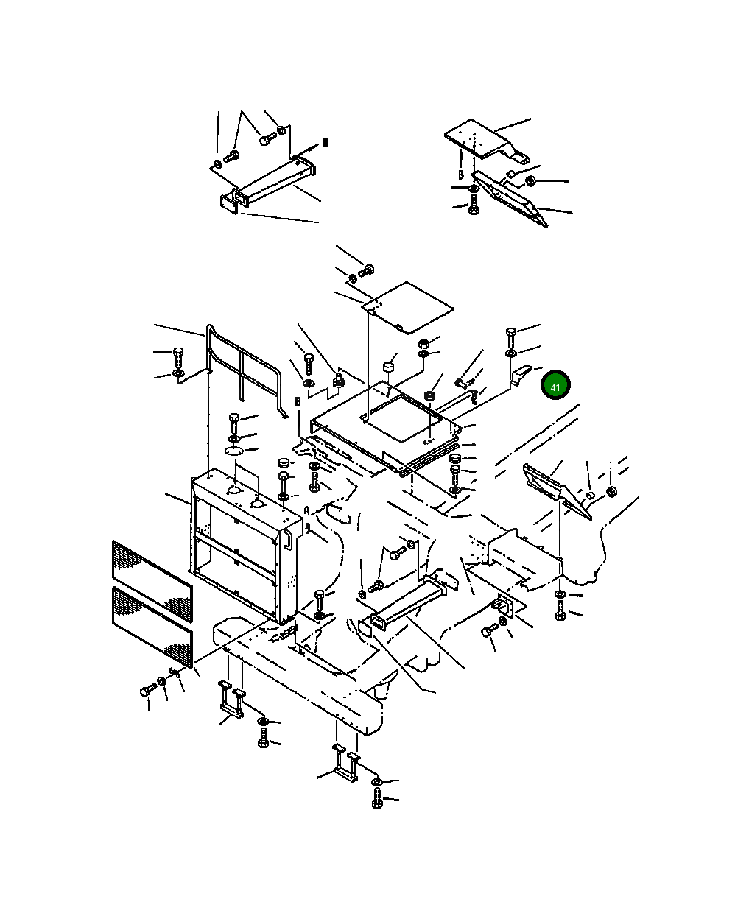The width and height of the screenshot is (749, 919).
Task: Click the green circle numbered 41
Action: click(x=555, y=384)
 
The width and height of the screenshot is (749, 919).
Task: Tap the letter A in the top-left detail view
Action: click(x=326, y=142)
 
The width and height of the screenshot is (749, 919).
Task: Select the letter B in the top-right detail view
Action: click(x=461, y=175)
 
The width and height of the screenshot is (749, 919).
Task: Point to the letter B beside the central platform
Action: click(x=298, y=401)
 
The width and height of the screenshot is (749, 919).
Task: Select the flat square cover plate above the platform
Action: click(x=408, y=307)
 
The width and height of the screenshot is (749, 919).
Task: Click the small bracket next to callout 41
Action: click(x=520, y=374)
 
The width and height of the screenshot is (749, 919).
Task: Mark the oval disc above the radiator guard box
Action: click(x=234, y=451)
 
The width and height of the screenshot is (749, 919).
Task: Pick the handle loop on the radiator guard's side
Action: click(x=287, y=540)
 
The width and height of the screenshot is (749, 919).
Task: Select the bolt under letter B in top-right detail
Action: click(x=474, y=204)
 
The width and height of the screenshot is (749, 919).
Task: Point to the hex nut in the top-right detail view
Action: click(x=531, y=180)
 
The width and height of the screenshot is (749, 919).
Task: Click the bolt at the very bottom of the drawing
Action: click(x=376, y=797)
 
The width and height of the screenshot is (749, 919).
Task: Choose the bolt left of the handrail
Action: click(x=177, y=357)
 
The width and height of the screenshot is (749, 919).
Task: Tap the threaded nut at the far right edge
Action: click(x=612, y=491)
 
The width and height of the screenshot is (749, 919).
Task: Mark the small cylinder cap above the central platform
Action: click(x=389, y=367)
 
